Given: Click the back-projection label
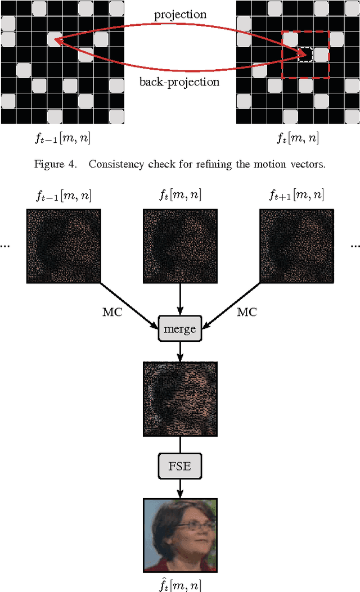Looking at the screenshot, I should [179, 82].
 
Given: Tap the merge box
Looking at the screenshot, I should [180, 329].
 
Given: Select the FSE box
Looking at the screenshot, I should [180, 467].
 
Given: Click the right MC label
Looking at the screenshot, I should [246, 312].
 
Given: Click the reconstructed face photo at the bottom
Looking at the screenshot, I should [180, 534].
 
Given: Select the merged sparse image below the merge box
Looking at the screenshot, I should [180, 399].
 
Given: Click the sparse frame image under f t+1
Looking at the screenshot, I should [296, 246].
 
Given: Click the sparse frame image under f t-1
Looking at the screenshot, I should [63, 246].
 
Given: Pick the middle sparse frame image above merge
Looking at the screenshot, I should [180, 246].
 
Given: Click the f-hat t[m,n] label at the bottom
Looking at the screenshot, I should [180, 583].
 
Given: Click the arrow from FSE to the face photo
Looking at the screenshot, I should [180, 488].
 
